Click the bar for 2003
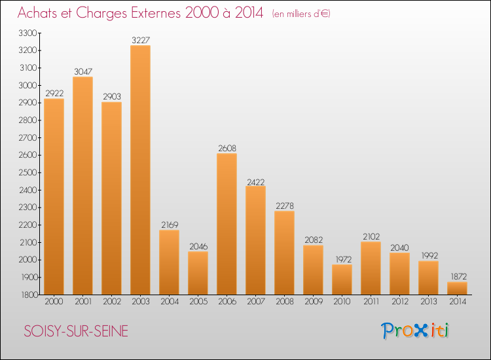(x=140, y=170)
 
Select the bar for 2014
(x=457, y=288)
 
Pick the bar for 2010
(x=342, y=279)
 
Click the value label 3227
(x=140, y=41)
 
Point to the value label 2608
(x=227, y=149)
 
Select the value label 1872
(x=457, y=277)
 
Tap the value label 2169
(x=169, y=225)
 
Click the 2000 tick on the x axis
(x=54, y=302)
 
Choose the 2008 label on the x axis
(x=284, y=302)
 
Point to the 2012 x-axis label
(x=399, y=302)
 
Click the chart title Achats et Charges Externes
(x=141, y=13)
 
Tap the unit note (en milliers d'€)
(x=301, y=14)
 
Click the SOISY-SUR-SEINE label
(x=76, y=331)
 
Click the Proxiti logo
(x=416, y=331)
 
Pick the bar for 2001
(x=82, y=186)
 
